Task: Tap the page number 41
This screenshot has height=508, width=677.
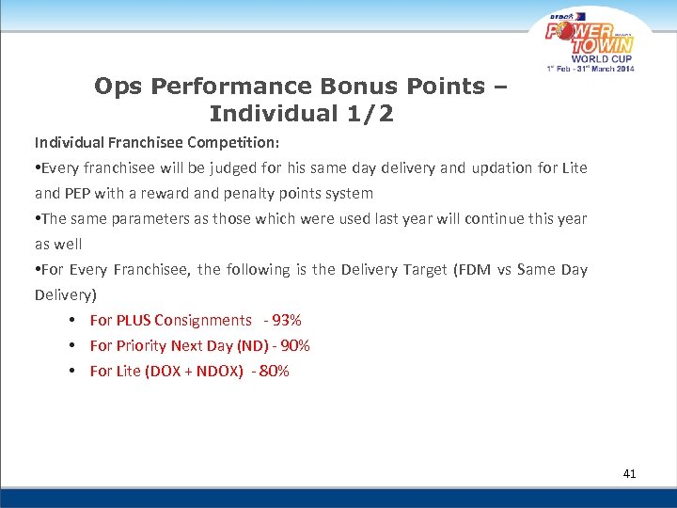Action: [x=629, y=473]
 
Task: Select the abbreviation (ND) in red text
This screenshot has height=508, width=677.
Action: [x=237, y=345]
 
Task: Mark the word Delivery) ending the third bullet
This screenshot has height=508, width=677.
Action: [x=66, y=295]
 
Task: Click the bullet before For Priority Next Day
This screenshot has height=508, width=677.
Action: [x=72, y=345]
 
